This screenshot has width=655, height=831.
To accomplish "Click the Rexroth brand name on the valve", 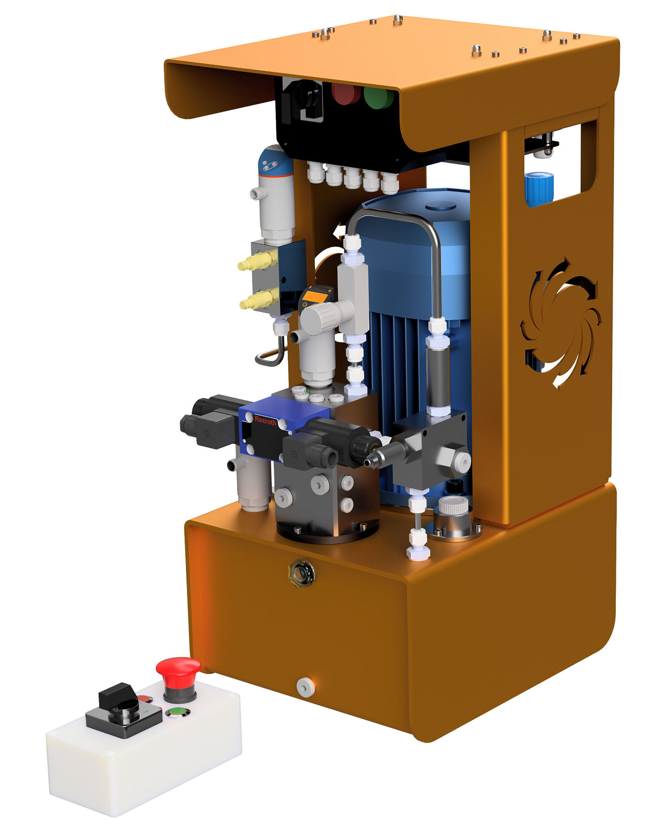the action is coord(265,420).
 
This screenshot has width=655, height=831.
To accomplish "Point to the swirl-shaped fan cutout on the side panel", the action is coord(560,322).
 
